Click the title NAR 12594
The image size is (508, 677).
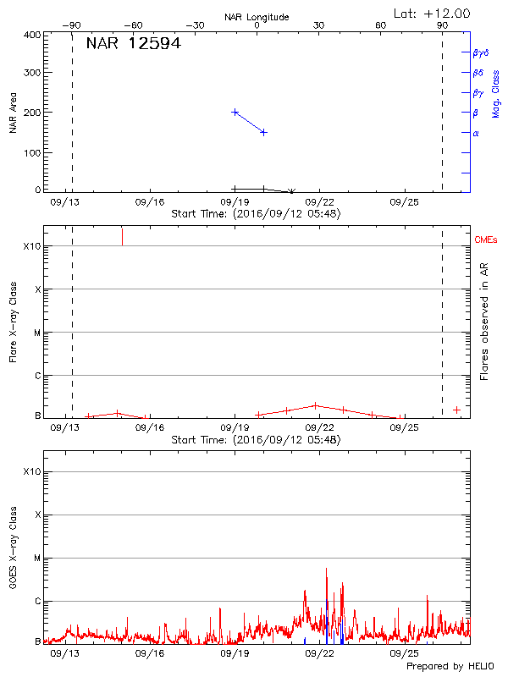pyautogui.click(x=133, y=43)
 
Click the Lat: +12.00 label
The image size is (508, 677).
pyautogui.click(x=432, y=13)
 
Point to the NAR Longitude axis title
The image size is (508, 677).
pyautogui.click(x=257, y=17)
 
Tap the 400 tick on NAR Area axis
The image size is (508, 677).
pyautogui.click(x=32, y=36)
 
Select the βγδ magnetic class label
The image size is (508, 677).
pyautogui.click(x=480, y=52)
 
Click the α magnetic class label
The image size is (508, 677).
pyautogui.click(x=476, y=133)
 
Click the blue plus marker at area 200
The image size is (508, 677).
pyautogui.click(x=235, y=112)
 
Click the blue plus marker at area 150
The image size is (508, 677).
pyautogui.click(x=263, y=132)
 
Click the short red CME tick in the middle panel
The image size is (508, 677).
pyautogui.click(x=123, y=236)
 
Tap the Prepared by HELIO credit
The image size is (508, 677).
pyautogui.click(x=449, y=667)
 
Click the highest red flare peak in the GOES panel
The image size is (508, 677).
pyautogui.click(x=326, y=569)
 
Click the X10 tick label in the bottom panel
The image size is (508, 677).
pyautogui.click(x=31, y=471)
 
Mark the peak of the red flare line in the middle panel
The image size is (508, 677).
pyautogui.click(x=315, y=405)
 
